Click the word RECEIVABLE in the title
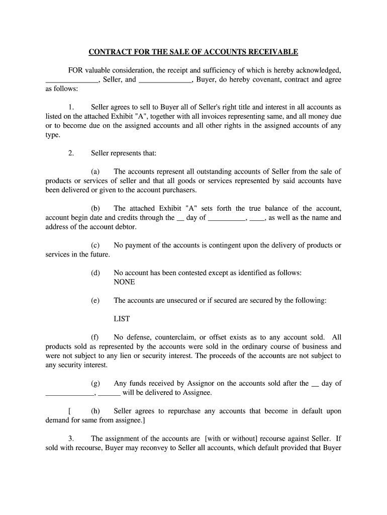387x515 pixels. (273, 52)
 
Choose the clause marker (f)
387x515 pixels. (95, 337)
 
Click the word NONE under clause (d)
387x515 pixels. (124, 282)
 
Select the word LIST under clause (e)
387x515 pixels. (122, 319)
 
